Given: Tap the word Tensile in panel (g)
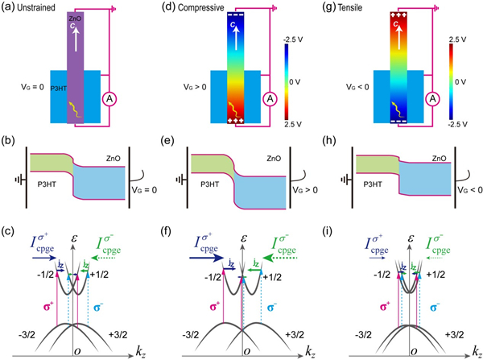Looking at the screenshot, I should (x=357, y=9).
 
